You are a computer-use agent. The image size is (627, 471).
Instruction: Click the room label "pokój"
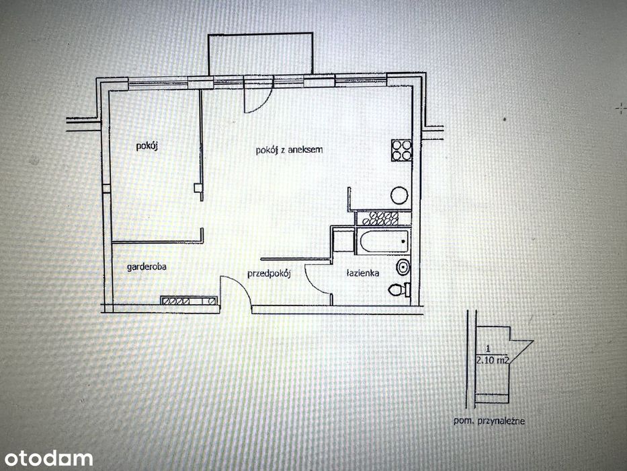coord(147,146)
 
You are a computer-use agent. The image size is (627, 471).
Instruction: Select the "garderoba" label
coord(147,266)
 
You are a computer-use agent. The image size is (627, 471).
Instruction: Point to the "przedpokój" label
coord(269,274)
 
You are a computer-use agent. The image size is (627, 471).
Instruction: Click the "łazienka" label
coord(363,274)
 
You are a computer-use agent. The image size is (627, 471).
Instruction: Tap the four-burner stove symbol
coord(401,150)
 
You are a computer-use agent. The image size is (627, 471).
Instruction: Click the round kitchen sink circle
coord(399,195)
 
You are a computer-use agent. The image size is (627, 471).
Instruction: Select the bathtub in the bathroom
coord(384,241)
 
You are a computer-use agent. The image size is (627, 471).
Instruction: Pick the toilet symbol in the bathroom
coord(399,289)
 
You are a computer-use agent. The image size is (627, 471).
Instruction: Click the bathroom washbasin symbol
coord(403,266)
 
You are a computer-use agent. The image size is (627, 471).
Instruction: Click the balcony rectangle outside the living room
coord(260,54)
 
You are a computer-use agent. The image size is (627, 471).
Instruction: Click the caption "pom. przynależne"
coord(489,421)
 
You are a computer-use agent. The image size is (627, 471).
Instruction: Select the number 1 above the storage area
coord(488,349)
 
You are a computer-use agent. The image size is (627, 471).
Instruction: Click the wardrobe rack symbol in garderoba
coord(189,301)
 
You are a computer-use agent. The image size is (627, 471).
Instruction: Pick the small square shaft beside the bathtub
coord(343,240)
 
